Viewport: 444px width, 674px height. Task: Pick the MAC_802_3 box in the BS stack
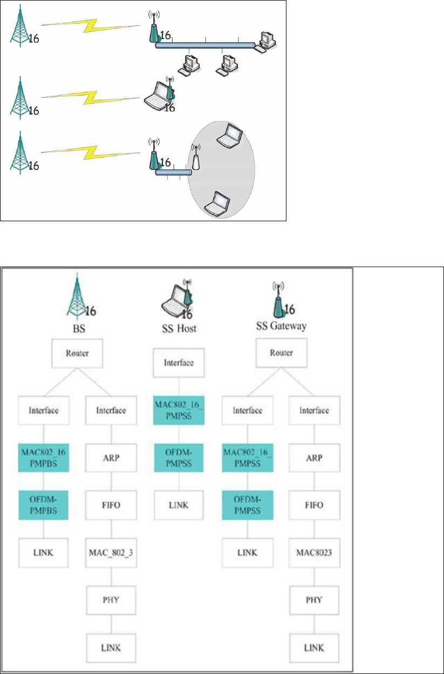point(112,552)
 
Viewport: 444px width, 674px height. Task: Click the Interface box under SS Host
point(179,363)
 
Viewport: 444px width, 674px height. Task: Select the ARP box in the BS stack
point(112,458)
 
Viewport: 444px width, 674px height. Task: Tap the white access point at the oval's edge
point(196,157)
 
